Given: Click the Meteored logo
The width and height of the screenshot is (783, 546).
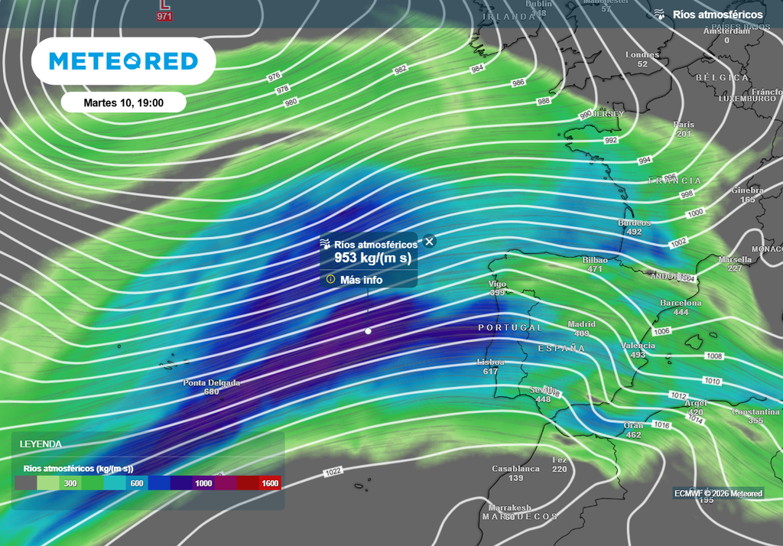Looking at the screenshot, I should click(123, 61).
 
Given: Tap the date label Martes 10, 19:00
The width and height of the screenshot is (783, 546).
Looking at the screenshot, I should click(123, 102).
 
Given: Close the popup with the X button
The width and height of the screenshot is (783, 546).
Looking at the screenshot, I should click(430, 242).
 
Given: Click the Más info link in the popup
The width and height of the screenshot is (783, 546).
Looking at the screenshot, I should click(361, 280).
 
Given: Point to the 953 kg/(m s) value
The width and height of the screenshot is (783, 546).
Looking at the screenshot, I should click(372, 258).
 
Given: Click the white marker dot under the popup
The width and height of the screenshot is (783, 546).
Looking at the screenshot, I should click(368, 331).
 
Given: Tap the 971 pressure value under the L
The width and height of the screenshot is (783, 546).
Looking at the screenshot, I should click(164, 16).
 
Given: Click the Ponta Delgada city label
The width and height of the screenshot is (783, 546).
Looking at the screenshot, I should click(211, 383).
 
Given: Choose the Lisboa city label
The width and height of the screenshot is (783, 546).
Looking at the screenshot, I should click(490, 362).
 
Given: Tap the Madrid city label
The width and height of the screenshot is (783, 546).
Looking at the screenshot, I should click(581, 324).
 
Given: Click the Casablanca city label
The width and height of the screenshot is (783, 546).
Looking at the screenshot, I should click(515, 469).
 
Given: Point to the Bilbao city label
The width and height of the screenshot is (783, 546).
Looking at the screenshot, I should click(595, 260).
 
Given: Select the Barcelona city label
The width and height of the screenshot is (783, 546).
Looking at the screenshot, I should click(681, 304).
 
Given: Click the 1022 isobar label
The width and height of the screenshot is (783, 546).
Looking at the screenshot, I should click(333, 471).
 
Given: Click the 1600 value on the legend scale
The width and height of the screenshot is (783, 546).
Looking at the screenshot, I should click(269, 483).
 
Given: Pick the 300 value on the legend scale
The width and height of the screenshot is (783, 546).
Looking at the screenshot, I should click(70, 483).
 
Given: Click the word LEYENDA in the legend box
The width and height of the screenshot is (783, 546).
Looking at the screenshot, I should click(41, 444).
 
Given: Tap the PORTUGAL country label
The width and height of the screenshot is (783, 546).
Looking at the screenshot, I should click(510, 327).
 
